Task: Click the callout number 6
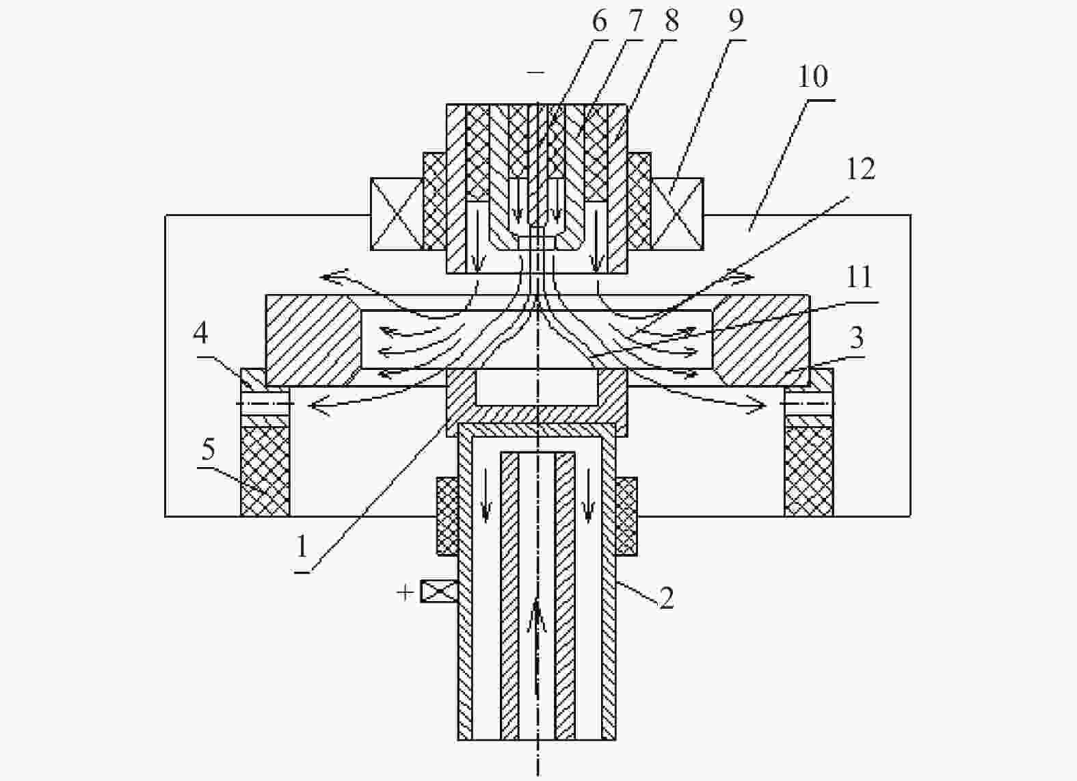pyautogui.click(x=599, y=22)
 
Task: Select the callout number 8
pyautogui.click(x=672, y=22)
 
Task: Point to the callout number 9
pyautogui.click(x=736, y=21)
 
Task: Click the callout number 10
pyautogui.click(x=813, y=77)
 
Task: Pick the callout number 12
pyautogui.click(x=861, y=170)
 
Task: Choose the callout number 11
pyautogui.click(x=859, y=278)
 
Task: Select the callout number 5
pyautogui.click(x=208, y=449)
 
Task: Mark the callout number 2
pyautogui.click(x=667, y=598)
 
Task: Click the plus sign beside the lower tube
pyautogui.click(x=405, y=593)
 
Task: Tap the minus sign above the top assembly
pyautogui.click(x=535, y=72)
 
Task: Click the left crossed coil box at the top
pyautogui.click(x=397, y=214)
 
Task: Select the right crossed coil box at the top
pyautogui.click(x=677, y=214)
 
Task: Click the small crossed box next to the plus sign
pyautogui.click(x=439, y=592)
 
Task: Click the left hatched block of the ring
pyautogui.click(x=313, y=341)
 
